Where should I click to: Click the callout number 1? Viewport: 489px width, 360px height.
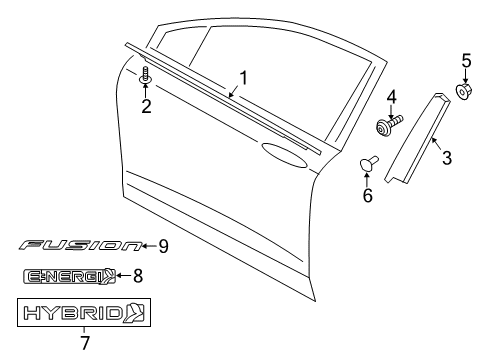tap(242, 76)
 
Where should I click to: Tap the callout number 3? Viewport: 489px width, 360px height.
tap(447, 157)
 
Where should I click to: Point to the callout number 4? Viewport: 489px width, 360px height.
tap(392, 98)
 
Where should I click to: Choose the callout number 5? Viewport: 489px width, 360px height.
tap(465, 61)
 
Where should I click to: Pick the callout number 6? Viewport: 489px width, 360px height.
tap(367, 195)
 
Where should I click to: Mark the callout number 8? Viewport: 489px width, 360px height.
tap(138, 276)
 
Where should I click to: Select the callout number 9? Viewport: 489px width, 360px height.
tap(163, 245)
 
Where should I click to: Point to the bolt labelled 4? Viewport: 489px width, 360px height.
tap(387, 126)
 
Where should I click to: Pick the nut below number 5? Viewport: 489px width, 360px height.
tap(465, 92)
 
